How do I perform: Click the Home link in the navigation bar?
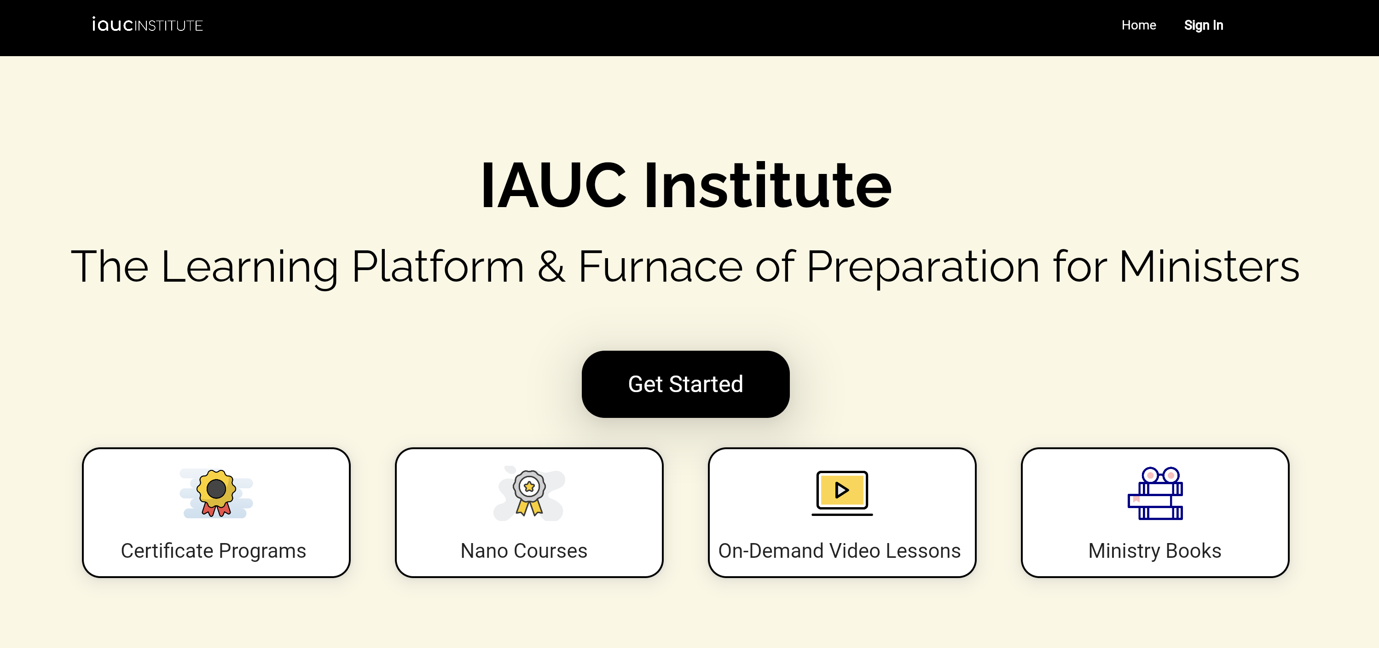click(1139, 25)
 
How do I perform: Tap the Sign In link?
click(1204, 25)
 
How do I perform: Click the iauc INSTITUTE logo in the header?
click(147, 24)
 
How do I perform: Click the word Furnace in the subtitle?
click(661, 266)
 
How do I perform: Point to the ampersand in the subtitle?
click(551, 266)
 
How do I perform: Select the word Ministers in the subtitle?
click(1209, 266)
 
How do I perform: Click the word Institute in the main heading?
click(768, 185)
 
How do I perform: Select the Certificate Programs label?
click(214, 550)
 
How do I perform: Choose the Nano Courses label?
click(524, 550)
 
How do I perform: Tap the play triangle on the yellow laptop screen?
click(842, 490)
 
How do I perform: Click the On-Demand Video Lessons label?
click(840, 550)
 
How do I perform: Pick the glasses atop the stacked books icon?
click(1160, 475)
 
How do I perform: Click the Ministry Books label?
click(1155, 550)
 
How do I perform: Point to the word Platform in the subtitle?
click(438, 266)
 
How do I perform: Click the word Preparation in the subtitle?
click(923, 266)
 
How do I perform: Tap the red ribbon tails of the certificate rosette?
click(216, 509)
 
